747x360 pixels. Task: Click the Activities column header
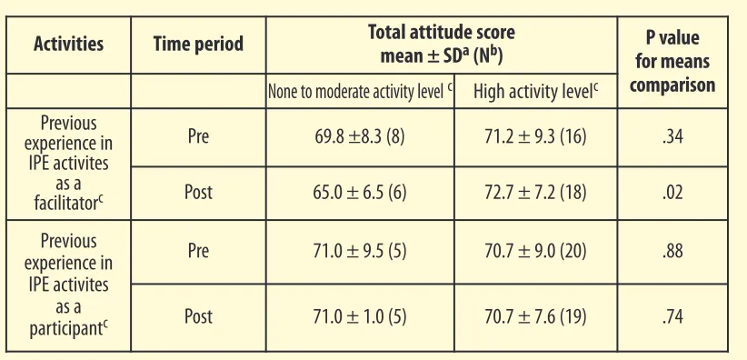[68, 44]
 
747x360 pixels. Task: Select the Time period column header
[198, 44]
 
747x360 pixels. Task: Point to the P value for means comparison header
[672, 62]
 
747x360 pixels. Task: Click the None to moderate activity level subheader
[360, 92]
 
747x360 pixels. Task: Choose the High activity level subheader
[535, 92]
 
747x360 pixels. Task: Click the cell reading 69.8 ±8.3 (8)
[360, 137]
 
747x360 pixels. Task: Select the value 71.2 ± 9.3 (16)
[535, 137]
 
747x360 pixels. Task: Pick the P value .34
[672, 137]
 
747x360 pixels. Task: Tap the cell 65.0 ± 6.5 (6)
[360, 193]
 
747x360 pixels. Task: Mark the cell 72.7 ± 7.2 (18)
[535, 193]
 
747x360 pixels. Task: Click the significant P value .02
[672, 193]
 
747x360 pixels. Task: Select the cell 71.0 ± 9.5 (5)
[360, 251]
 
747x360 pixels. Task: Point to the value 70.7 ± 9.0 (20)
[535, 251]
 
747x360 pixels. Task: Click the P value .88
[672, 251]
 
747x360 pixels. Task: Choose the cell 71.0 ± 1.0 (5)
[360, 317]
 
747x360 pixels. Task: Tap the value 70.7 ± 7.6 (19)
[535, 317]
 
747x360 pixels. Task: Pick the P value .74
[672, 317]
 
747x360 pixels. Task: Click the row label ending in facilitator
[68, 164]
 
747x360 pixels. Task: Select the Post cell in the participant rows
[198, 317]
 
